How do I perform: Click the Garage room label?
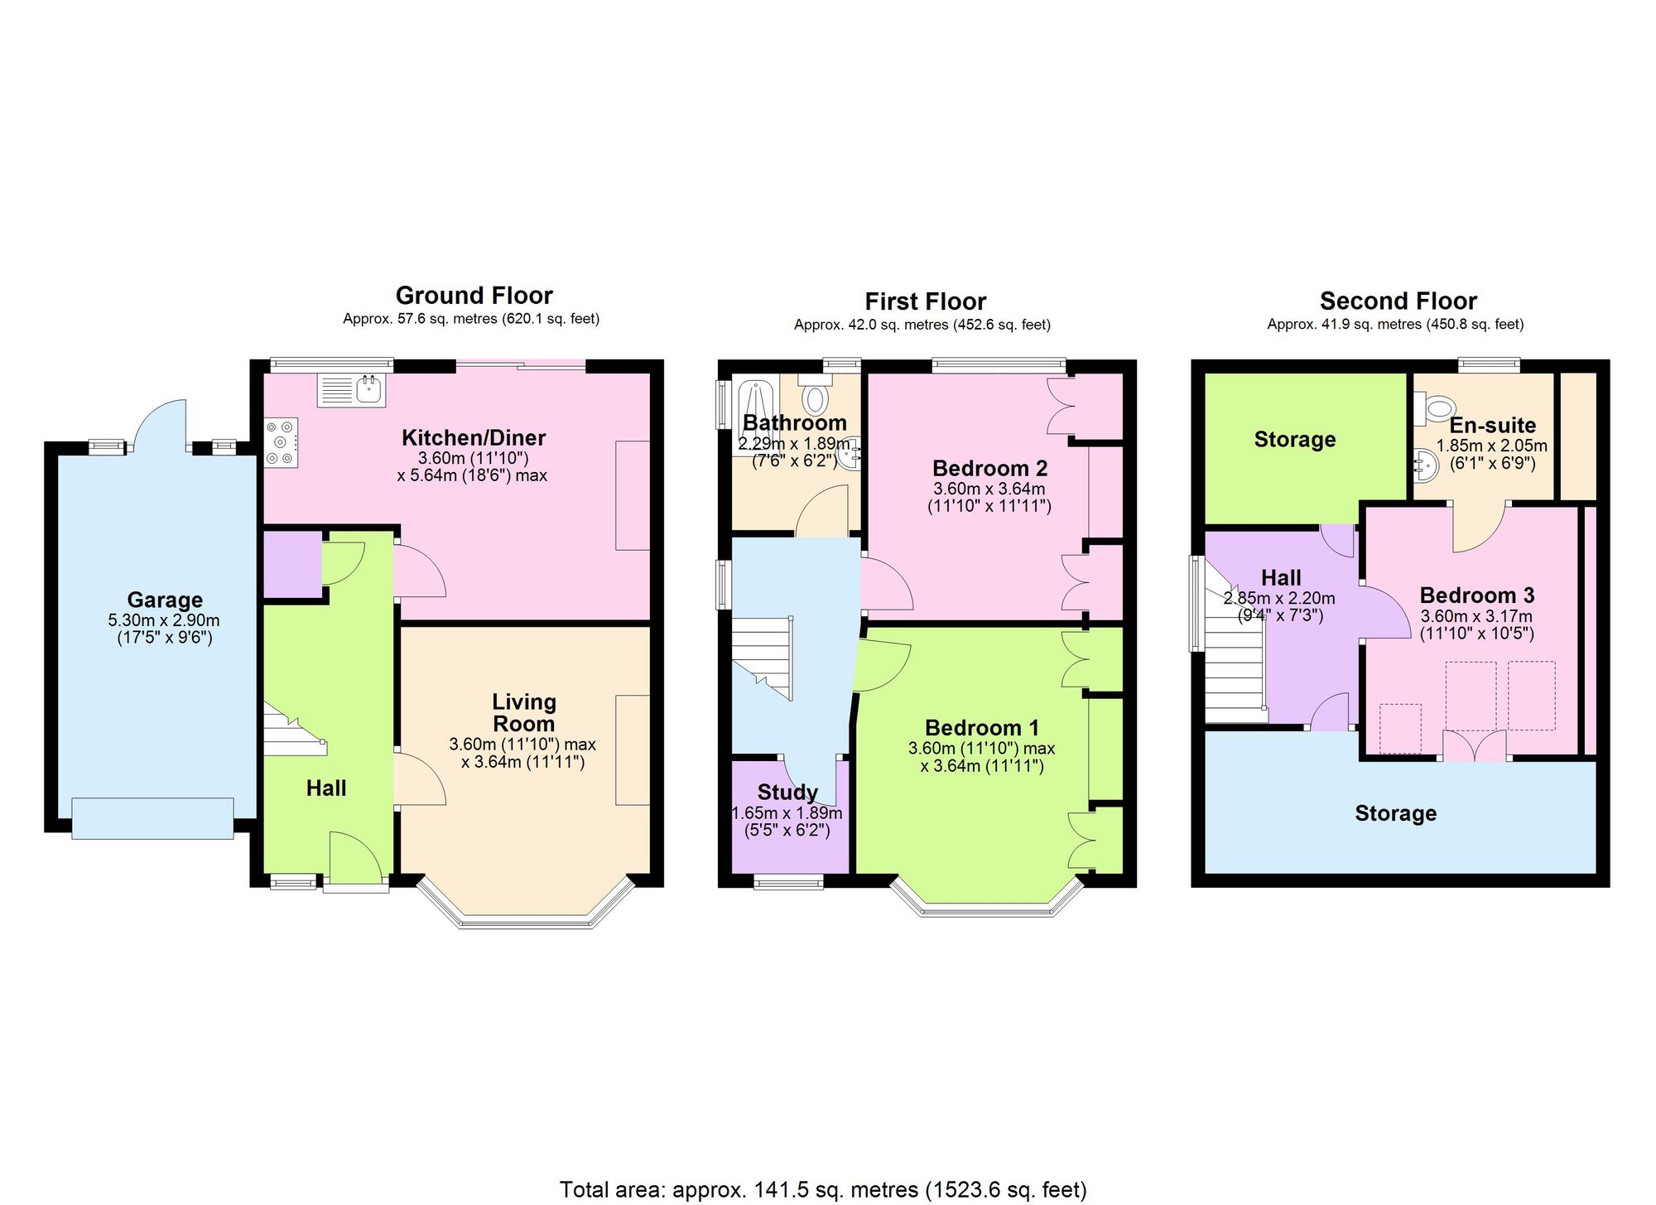coord(165,600)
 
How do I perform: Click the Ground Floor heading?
coord(474,296)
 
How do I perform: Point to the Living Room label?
coord(523,712)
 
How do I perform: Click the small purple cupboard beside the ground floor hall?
coord(291,563)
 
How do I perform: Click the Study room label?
coord(787,792)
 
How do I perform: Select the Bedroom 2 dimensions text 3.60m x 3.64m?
coord(989,489)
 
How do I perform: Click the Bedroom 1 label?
coord(981,728)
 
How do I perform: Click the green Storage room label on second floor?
coord(1295,440)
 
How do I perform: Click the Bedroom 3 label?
coord(1477,595)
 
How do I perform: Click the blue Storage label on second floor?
coord(1395,813)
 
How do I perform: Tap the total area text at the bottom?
coord(823,1190)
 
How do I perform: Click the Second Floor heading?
coord(1398,301)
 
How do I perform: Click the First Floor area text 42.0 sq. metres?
coord(922,325)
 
